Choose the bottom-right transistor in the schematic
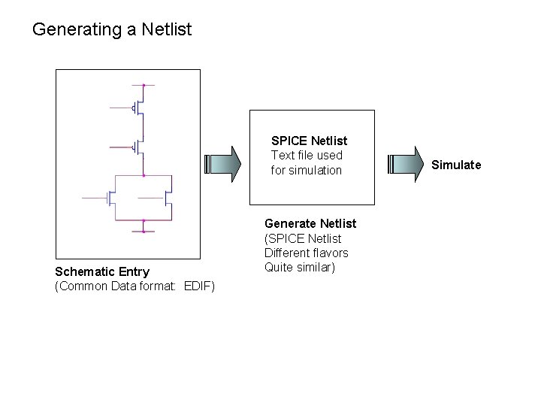[x=167, y=198]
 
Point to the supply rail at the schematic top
[x=143, y=86]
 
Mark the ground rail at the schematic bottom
[x=143, y=231]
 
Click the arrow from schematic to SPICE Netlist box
[x=222, y=164]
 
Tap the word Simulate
[x=456, y=165]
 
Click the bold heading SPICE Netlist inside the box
[x=309, y=141]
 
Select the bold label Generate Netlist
[x=310, y=223]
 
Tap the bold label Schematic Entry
[x=102, y=271]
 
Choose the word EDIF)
[x=199, y=286]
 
